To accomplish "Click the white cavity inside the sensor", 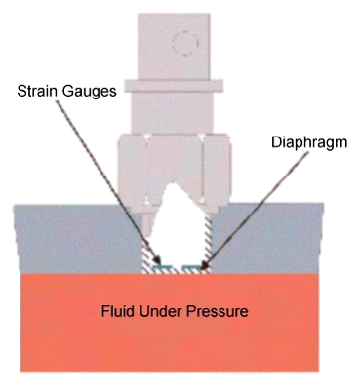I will coord(181,219).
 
